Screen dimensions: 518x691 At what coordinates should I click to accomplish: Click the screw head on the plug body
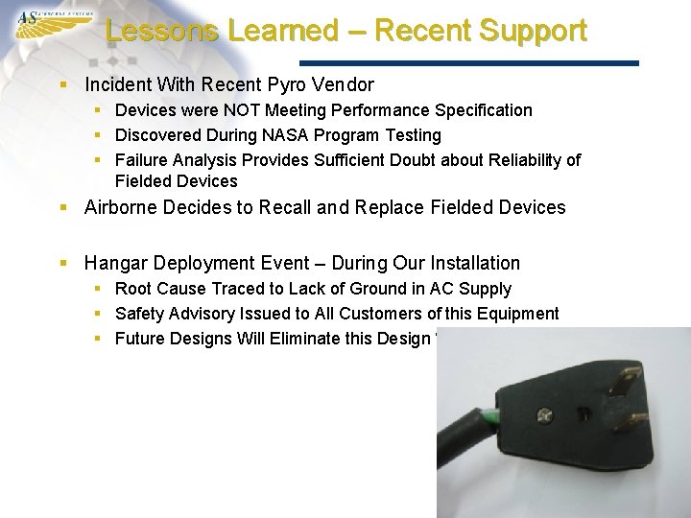tap(544, 415)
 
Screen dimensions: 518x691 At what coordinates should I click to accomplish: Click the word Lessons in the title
tap(162, 31)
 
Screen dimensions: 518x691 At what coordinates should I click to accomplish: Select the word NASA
tap(280, 135)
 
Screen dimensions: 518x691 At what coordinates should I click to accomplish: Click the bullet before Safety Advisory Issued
tap(101, 314)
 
